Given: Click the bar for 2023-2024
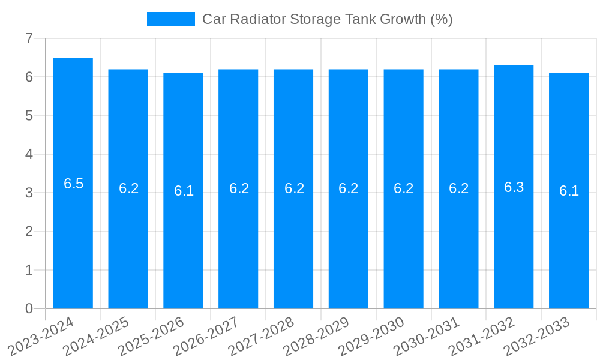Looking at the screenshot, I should pos(73,240).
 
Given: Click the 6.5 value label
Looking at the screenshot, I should pos(73,184).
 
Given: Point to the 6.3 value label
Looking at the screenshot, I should pos(514,187).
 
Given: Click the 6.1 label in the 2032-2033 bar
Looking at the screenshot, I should pos(569,191).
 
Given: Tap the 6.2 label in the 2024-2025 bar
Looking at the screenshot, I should pos(128,188).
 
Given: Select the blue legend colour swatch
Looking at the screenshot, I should pos(171,19).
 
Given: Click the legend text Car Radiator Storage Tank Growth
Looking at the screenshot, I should pos(327,19).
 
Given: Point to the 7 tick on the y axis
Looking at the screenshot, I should pos(29,38).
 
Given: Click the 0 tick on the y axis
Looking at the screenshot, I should pos(29,308).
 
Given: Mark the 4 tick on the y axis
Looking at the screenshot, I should pos(29,154).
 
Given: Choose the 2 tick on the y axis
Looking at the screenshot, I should pos(29,232).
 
